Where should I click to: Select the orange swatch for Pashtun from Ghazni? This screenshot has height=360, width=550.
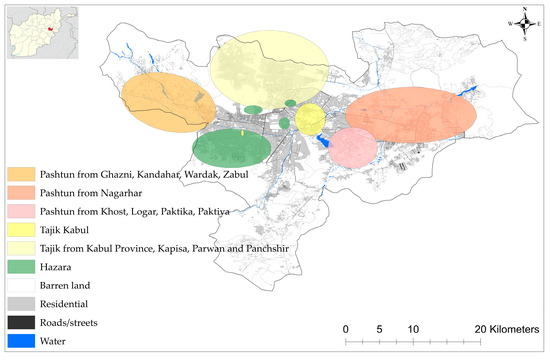[19, 175]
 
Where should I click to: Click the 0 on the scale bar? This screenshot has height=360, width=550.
[345, 328]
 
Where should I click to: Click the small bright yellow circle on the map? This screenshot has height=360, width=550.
[310, 120]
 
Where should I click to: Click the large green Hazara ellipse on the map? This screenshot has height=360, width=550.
[231, 148]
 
